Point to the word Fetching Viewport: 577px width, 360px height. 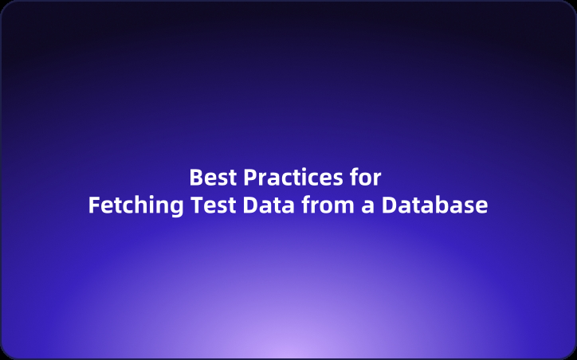136,205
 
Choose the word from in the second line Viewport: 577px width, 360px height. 327,205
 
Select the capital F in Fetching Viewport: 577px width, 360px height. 94,205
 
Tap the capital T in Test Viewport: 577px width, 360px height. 197,205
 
